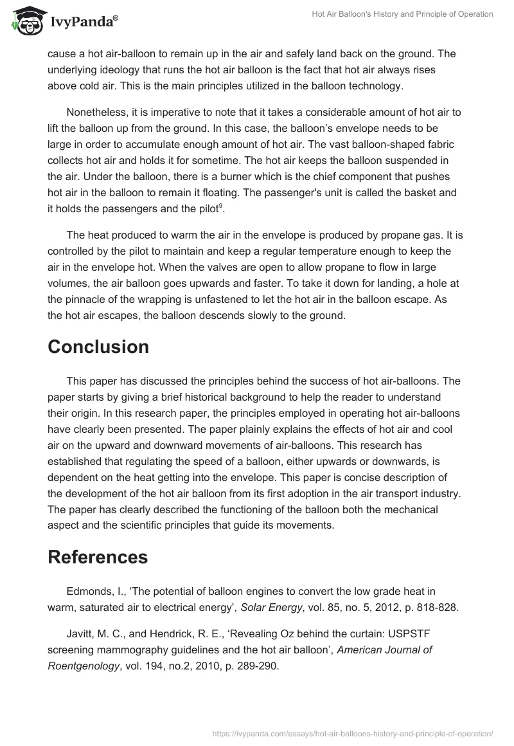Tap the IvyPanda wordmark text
point(84,23)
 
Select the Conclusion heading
point(98,347)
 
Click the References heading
point(98,557)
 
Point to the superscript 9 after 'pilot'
point(221,205)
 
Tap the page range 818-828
point(433,606)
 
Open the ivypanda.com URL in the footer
point(352,732)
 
